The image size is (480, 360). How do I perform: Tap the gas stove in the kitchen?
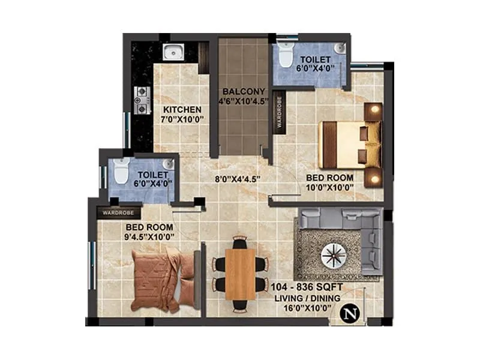(142, 100)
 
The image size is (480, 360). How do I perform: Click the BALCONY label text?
(242, 91)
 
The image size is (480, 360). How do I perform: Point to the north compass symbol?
(347, 313)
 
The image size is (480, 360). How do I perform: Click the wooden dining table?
(240, 274)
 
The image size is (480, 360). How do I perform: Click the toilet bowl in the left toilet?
(121, 172)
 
